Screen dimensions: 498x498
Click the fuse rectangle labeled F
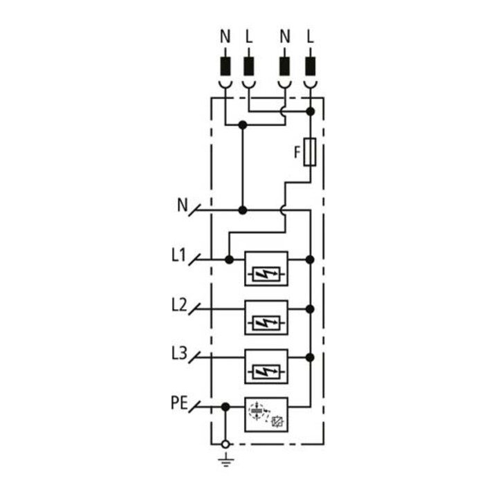(310, 152)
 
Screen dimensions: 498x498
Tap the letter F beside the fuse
(297, 152)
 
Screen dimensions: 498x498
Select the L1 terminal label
(178, 255)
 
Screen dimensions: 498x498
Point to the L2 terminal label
(179, 305)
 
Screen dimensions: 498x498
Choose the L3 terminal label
(179, 353)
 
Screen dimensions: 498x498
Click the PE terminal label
(180, 403)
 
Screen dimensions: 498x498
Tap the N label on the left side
(183, 205)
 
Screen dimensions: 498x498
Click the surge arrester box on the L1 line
(266, 268)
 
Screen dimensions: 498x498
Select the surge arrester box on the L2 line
(266, 317)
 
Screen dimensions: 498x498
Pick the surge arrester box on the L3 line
(266, 367)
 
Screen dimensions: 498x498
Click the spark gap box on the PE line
(266, 415)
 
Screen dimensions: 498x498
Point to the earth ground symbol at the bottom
(225, 461)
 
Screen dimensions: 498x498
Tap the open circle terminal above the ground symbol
(225, 444)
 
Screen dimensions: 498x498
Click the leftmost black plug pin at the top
(225, 66)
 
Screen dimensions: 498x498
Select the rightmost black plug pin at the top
(311, 66)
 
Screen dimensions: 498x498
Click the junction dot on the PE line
(225, 407)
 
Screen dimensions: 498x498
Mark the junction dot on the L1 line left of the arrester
(229, 260)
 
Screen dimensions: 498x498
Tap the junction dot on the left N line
(243, 210)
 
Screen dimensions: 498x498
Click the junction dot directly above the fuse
(311, 111)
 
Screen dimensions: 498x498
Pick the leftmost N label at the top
(225, 36)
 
